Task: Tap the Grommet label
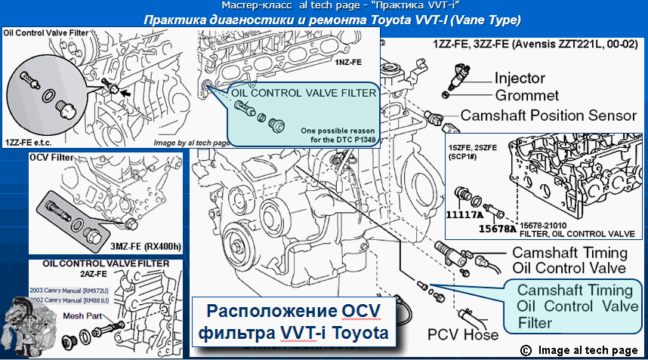tap(527, 96)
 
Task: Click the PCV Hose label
tap(463, 334)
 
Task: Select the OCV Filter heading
tap(54, 159)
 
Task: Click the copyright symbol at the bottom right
tap(526, 349)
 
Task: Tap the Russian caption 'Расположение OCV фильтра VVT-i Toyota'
tap(295, 322)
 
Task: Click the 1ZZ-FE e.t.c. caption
tap(27, 141)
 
